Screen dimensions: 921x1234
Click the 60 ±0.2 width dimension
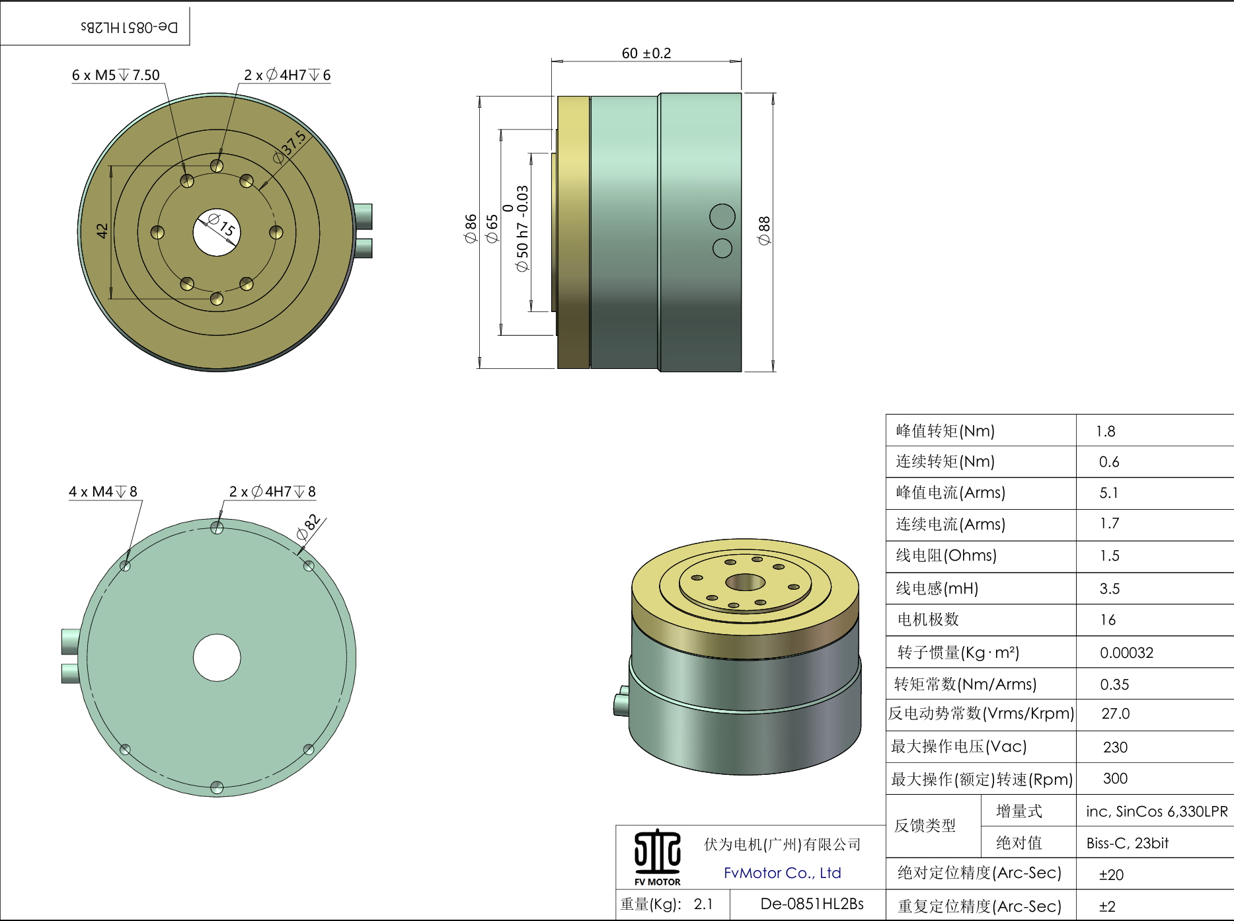646,53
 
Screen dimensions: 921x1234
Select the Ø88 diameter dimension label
765,230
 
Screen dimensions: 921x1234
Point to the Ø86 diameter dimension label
471,228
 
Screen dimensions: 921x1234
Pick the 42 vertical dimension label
102,231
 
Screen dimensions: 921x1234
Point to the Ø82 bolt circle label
309,526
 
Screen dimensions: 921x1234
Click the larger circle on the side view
722,217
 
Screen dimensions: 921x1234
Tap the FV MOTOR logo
657,858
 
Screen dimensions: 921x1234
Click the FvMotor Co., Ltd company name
782,873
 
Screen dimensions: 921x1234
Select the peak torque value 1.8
1105,432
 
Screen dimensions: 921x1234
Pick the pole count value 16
1108,620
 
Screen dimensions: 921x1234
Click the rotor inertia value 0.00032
1126,653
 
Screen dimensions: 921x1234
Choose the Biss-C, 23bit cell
1127,844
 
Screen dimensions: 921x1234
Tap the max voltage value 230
1115,747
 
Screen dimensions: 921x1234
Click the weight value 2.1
703,904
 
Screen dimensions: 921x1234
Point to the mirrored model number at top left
130,27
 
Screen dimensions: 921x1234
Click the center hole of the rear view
217,658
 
